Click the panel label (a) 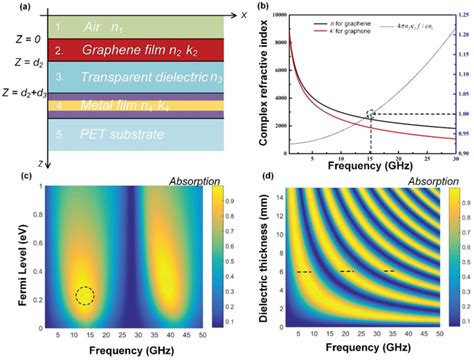(x=13, y=8)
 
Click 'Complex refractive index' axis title (x=256, y=85)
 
